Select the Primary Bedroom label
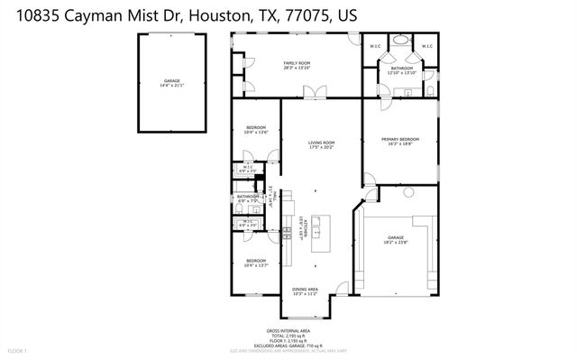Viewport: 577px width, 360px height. tap(401, 138)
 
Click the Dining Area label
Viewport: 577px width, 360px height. tap(305, 289)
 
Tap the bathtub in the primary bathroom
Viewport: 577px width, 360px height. tap(401, 42)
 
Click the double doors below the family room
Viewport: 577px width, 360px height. tap(311, 92)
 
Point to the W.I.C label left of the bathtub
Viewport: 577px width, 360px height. tap(376, 46)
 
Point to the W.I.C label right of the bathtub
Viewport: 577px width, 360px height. tap(427, 46)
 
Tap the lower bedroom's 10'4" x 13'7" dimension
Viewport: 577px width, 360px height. tap(256, 265)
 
